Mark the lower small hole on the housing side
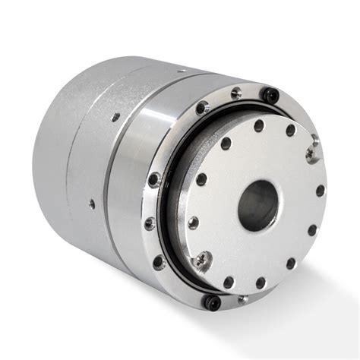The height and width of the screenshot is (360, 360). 93,203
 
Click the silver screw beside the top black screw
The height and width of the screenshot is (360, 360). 236,93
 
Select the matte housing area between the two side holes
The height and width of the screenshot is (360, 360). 99,159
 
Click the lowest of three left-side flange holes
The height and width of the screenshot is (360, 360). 158,262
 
